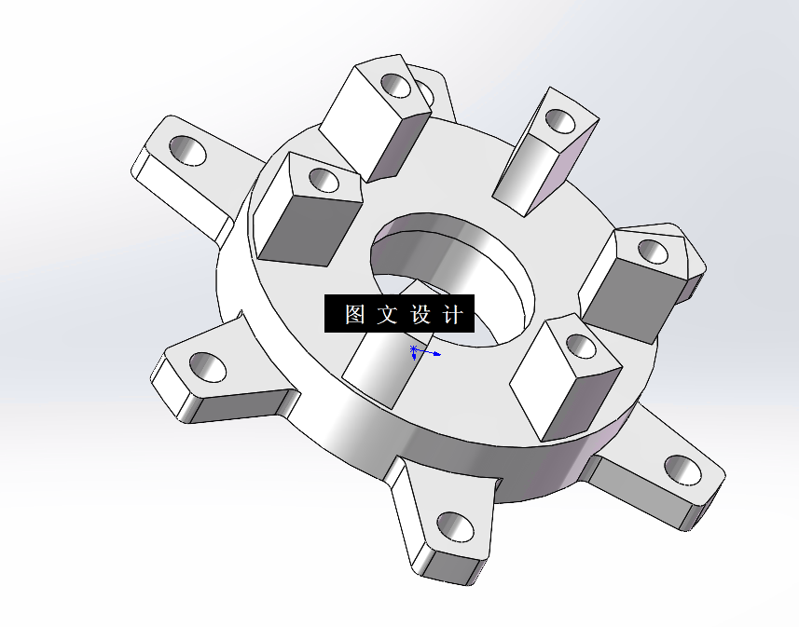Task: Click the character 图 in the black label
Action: point(354,315)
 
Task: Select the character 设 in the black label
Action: point(419,315)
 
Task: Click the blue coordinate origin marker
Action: point(415,352)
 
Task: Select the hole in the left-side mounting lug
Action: point(209,367)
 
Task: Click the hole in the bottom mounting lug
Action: point(455,526)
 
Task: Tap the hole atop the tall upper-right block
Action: point(560,119)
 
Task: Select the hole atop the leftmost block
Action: point(323,179)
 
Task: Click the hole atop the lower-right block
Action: point(581,347)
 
